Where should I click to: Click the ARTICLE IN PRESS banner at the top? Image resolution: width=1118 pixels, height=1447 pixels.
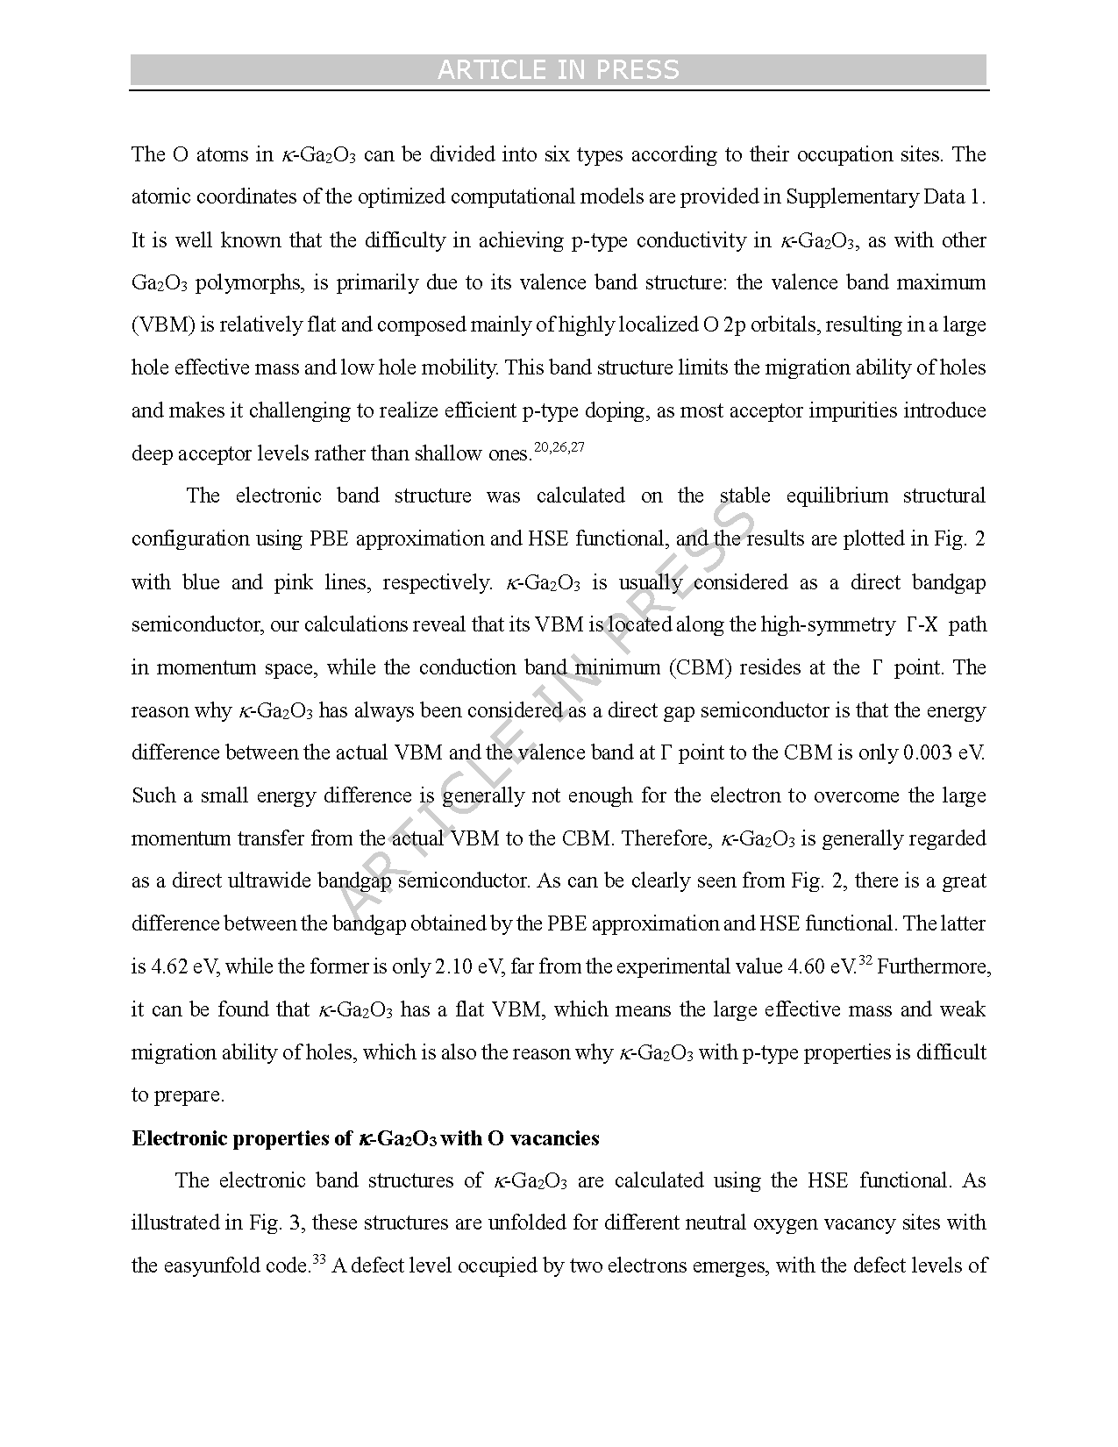[x=559, y=70]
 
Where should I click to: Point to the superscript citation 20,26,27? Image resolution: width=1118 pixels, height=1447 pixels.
[x=559, y=448]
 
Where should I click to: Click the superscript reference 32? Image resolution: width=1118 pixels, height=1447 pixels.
[x=865, y=961]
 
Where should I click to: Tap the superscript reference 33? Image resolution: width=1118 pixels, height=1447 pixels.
[x=319, y=1260]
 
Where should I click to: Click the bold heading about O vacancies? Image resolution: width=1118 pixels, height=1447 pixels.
[x=366, y=1138]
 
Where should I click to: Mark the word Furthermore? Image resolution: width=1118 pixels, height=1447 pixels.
[x=934, y=966]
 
